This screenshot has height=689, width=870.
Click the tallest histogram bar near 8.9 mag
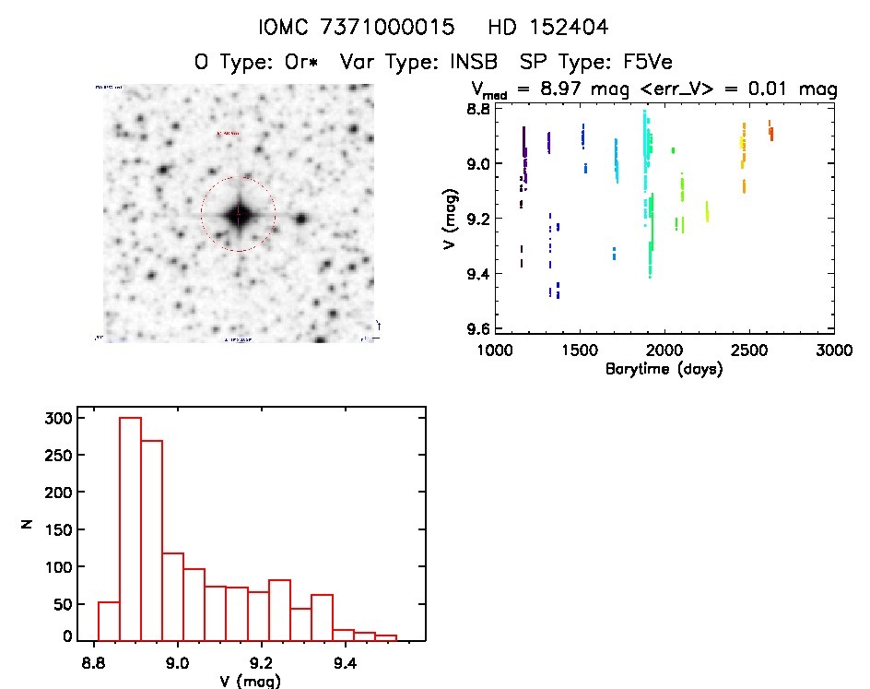pos(130,528)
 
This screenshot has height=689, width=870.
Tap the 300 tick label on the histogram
pos(59,418)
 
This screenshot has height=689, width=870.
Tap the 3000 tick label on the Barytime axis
pos(833,350)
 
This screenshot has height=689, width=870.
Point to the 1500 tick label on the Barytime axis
pos(579,350)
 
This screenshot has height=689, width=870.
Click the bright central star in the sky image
pos(238,215)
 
